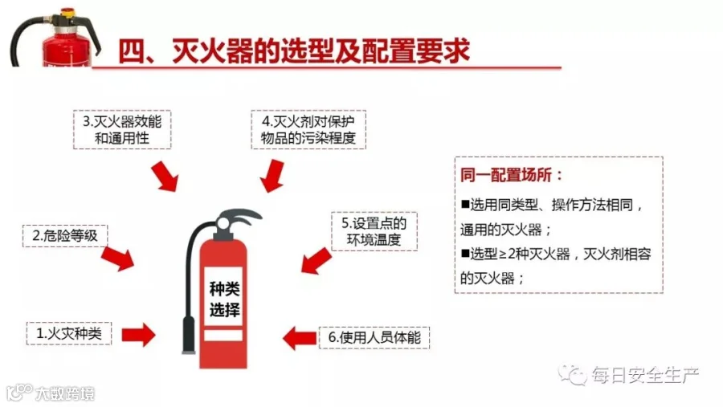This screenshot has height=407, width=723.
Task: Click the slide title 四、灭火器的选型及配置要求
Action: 294,51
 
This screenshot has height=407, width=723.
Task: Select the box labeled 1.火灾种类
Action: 69,333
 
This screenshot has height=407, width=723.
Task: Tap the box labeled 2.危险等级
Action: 65,236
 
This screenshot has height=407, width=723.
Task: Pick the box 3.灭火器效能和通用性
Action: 122,129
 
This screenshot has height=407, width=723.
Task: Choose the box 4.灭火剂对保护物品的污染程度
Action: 308,129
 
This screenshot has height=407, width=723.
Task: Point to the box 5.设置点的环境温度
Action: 374,231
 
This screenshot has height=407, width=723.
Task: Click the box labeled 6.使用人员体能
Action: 374,337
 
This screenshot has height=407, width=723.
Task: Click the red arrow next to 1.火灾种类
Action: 138,335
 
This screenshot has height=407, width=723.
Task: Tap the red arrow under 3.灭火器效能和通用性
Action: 165,176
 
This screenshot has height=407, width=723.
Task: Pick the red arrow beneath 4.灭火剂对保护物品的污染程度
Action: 272,176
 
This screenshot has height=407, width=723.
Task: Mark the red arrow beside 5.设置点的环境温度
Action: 317,261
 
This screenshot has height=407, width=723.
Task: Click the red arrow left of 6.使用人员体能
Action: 300,338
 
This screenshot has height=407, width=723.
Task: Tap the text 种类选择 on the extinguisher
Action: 225,299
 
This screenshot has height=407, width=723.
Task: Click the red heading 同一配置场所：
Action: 512,175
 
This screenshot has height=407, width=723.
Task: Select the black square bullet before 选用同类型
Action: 465,204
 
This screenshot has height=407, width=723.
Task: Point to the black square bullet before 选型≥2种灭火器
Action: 465,253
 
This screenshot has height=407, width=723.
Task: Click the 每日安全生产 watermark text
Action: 646,375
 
